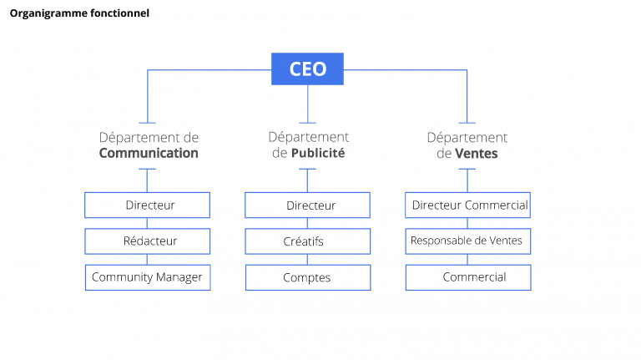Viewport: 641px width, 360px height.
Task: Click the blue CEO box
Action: [x=307, y=68]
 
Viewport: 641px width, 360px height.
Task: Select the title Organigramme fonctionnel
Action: [x=79, y=13]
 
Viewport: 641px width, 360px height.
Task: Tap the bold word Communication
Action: [x=149, y=153]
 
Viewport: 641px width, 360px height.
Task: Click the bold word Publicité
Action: [x=318, y=153]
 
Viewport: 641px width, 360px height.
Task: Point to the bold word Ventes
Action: [x=477, y=153]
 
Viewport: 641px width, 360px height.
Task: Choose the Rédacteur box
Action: [x=148, y=241]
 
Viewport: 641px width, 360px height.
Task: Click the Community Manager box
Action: [x=148, y=277]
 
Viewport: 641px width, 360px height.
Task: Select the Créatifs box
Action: [x=307, y=241]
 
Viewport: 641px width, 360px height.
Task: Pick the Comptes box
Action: [x=307, y=277]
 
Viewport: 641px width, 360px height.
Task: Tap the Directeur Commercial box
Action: [x=468, y=205]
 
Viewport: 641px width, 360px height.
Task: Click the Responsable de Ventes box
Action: [x=468, y=241]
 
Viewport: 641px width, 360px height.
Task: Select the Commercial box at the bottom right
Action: [x=468, y=277]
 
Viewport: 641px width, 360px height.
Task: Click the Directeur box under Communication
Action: [x=148, y=205]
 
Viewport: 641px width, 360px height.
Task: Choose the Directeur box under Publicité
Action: [x=307, y=205]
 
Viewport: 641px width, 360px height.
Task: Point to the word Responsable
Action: [x=439, y=241]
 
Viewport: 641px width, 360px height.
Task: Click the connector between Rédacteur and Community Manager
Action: [x=148, y=259]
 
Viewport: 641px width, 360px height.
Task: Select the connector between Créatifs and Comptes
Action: [x=307, y=259]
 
